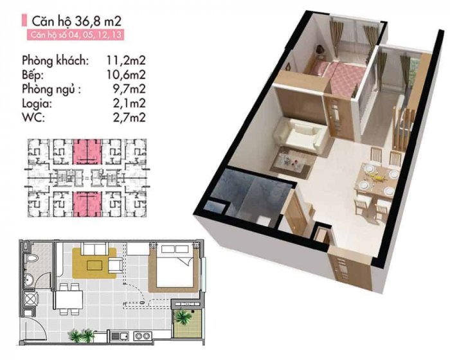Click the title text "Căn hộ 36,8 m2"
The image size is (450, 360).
[76, 21]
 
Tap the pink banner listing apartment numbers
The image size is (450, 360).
[76, 35]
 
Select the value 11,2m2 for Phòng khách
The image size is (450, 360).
[126, 60]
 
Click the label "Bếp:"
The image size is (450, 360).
[33, 75]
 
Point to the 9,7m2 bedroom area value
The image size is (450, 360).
[129, 89]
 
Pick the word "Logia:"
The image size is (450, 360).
[37, 104]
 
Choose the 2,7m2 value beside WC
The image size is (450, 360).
[129, 117]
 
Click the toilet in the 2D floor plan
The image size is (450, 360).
[32, 258]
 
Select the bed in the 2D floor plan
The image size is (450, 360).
[174, 265]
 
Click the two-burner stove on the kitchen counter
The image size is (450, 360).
[143, 336]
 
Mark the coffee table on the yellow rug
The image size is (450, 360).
[94, 265]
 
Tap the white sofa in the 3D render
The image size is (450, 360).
[301, 134]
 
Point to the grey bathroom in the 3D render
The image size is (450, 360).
[248, 195]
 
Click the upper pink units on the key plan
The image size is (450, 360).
[87, 152]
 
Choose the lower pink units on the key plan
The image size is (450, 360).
[87, 204]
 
